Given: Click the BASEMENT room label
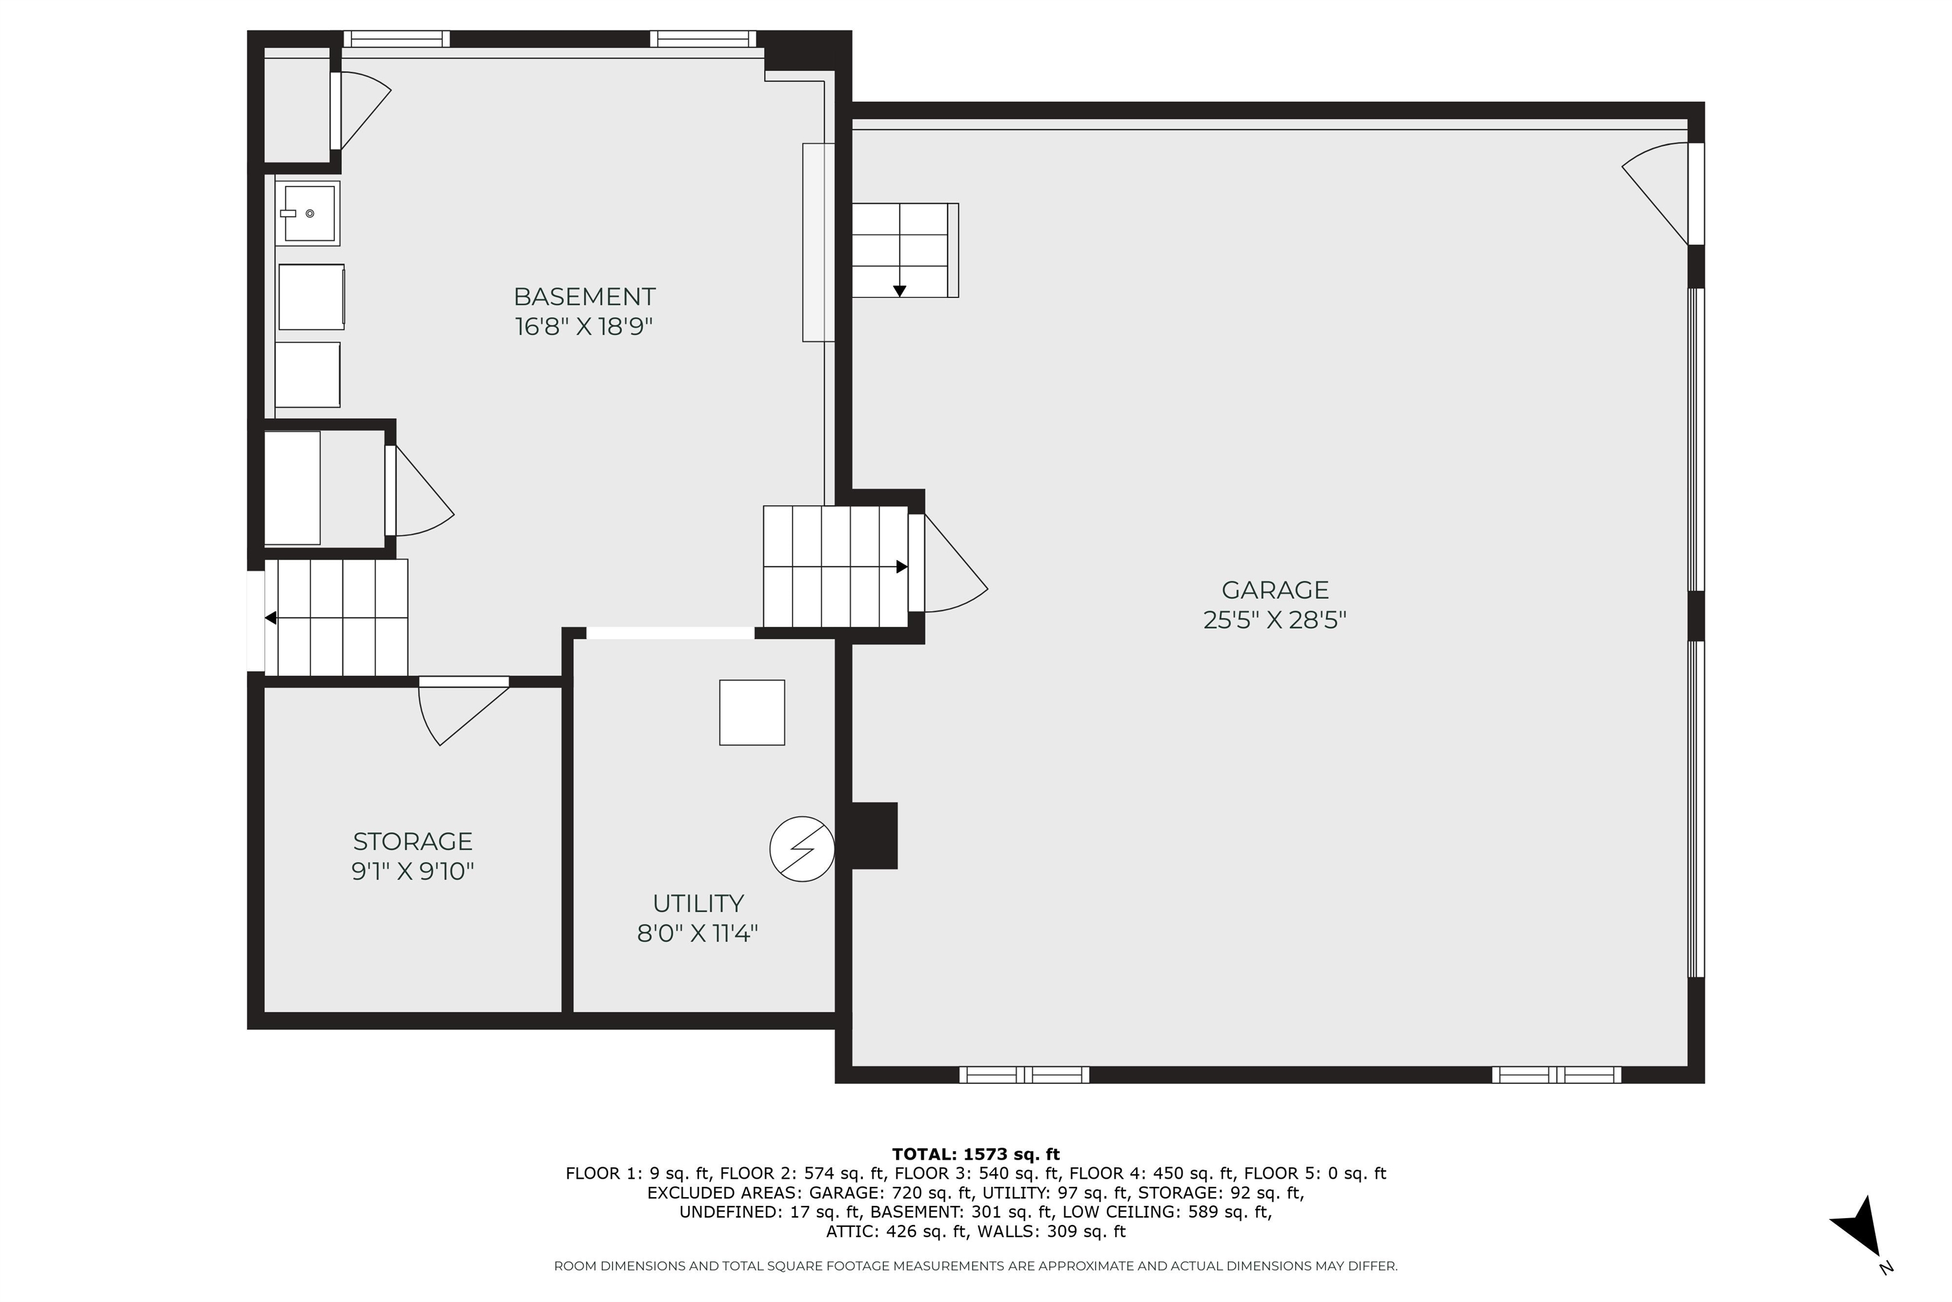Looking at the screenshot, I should [585, 296].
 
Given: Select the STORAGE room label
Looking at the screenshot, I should [412, 841].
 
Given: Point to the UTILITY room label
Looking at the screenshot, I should [698, 903].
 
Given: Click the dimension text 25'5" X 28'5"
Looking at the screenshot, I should [1275, 620].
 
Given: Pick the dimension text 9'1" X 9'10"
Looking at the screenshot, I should [412, 872].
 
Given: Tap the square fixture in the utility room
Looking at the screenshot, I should [752, 713].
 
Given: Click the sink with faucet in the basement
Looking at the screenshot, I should [308, 214].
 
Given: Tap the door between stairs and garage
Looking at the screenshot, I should [946, 565].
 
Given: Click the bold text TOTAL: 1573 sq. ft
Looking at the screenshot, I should [976, 1155].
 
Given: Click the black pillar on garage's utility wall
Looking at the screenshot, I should [874, 835].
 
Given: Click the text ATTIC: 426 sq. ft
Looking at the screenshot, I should [897, 1231].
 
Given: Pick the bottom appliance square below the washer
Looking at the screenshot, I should [308, 374].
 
